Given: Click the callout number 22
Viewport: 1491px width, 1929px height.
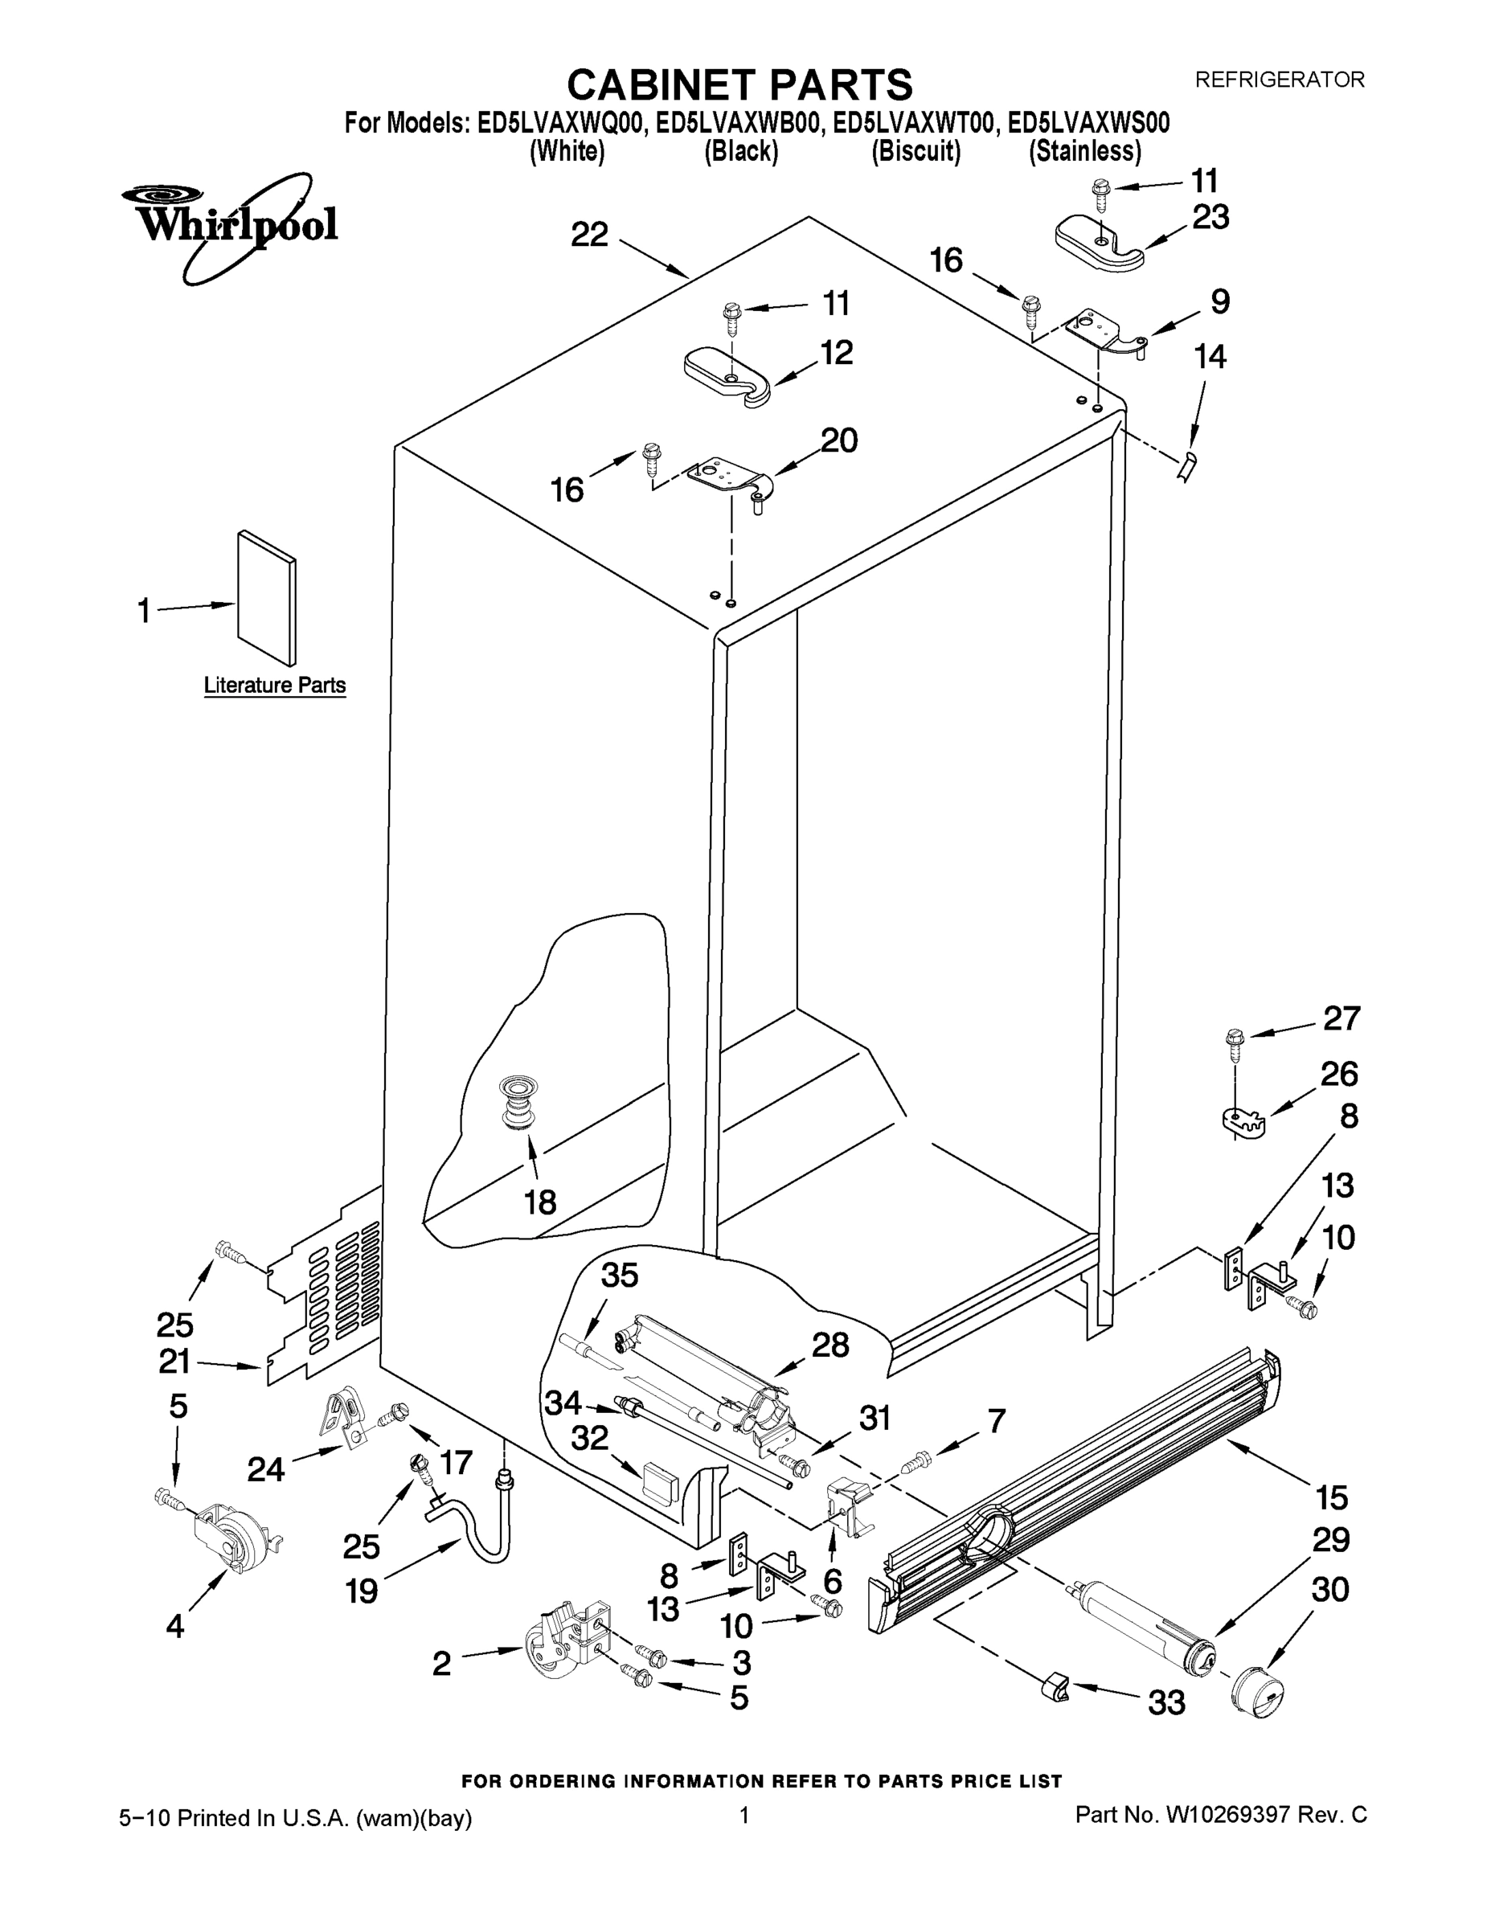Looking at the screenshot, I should point(589,235).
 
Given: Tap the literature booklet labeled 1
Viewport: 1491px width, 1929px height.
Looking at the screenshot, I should point(266,597).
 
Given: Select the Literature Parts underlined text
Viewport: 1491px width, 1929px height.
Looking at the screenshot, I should point(275,686).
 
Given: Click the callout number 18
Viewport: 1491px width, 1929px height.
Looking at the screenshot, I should point(539,1202).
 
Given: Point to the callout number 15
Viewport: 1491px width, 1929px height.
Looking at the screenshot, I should point(1332,1498).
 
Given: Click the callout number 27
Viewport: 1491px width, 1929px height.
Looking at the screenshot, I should point(1341,1018).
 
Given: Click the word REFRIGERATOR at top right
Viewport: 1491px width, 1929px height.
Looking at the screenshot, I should point(1279,80).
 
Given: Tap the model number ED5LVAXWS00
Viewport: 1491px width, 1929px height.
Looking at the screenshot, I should point(1089,123).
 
